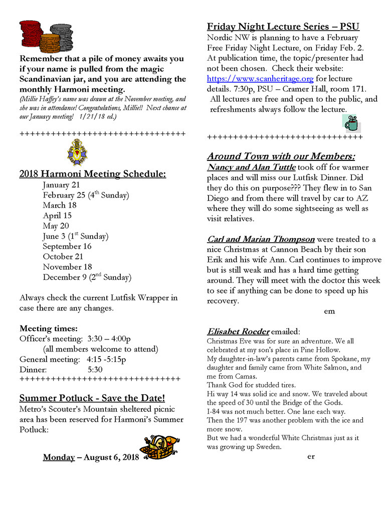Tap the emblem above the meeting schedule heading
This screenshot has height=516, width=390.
[x=77, y=152]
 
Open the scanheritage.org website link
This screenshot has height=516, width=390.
[x=260, y=79]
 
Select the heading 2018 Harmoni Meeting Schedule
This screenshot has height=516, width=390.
[x=93, y=174]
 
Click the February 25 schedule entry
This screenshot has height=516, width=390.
[x=86, y=195]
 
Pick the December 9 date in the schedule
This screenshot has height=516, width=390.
[x=87, y=277]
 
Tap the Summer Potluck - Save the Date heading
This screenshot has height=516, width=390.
[x=92, y=398]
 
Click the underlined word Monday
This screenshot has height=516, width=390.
[x=59, y=457]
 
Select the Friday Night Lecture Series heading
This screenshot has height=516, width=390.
[x=283, y=27]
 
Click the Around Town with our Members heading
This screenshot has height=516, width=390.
[x=281, y=156]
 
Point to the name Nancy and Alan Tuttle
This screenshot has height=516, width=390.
[x=251, y=167]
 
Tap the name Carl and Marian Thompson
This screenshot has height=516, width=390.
[x=261, y=239]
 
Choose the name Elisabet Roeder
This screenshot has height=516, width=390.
[x=238, y=331]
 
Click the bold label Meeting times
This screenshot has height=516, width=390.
[x=49, y=329]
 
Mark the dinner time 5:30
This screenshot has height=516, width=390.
[x=95, y=370]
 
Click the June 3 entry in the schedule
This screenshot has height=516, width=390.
[x=75, y=236]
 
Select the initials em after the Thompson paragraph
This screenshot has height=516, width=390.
[x=329, y=311]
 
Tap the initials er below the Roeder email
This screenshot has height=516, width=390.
[x=311, y=456]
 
